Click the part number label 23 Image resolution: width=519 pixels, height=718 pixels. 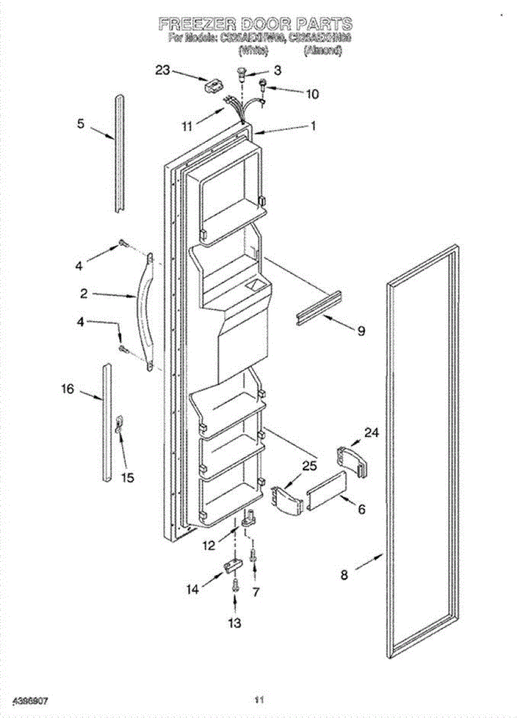click(163, 70)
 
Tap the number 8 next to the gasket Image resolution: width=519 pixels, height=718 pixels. click(344, 576)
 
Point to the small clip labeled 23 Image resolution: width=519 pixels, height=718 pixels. click(211, 86)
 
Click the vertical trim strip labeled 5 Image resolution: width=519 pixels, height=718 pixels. click(120, 153)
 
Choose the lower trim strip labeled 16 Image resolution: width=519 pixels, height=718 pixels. click(106, 422)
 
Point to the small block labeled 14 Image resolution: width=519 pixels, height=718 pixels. click(232, 565)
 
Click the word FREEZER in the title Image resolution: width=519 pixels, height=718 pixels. click(197, 24)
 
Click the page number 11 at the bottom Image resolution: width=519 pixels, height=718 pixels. click(259, 699)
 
